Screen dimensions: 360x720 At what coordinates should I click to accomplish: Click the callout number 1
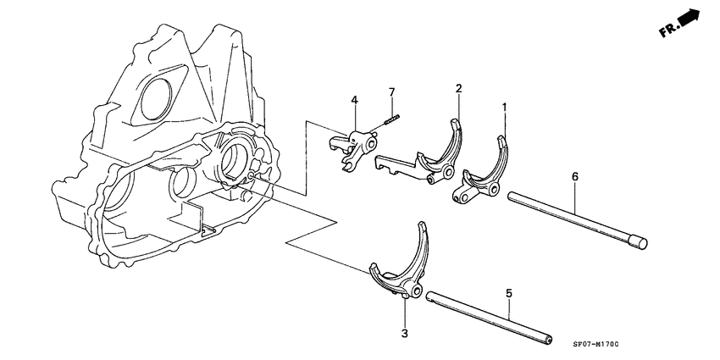pos(504,108)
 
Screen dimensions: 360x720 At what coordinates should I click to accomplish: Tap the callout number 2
pos(458,88)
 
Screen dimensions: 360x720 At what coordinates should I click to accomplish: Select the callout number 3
pos(405,333)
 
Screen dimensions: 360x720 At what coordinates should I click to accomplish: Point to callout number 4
pos(355,102)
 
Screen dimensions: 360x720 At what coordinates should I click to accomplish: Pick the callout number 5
pos(508,293)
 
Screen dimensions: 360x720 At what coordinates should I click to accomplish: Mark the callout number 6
pos(574,176)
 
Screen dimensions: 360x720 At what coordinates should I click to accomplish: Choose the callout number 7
pos(392,91)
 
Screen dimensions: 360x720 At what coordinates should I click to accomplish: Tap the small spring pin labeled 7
pos(391,120)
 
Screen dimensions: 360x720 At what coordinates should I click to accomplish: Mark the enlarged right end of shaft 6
pos(640,243)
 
